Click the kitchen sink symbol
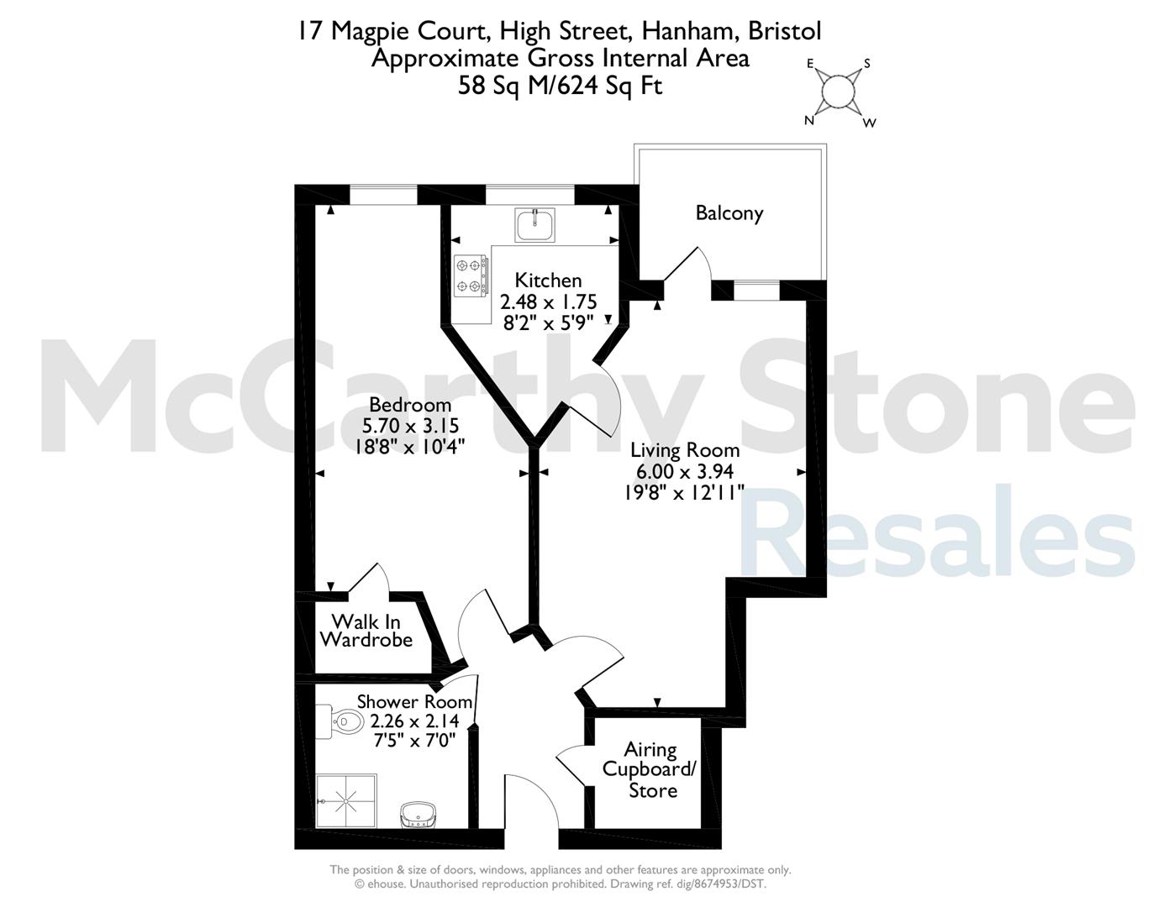coord(534,224)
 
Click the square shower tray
coord(345,801)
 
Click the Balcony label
coord(729,214)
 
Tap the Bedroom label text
coord(410,405)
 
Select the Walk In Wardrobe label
coord(366,631)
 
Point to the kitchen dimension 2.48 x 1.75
coord(549,301)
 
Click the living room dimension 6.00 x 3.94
coord(685,471)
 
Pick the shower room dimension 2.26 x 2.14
coord(414,721)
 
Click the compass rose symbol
coord(838,92)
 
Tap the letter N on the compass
coord(809,120)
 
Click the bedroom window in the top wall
coord(383,194)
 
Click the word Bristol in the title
coord(784,31)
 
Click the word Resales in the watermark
coord(936,530)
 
